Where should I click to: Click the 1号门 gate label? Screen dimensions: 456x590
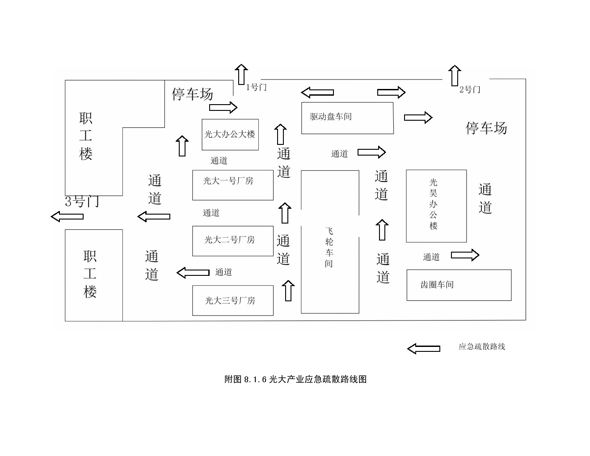pos(256,87)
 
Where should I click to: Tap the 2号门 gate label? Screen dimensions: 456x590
pos(470,89)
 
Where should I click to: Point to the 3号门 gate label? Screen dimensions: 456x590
pos(82,202)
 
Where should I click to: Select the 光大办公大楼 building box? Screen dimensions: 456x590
pos(230,135)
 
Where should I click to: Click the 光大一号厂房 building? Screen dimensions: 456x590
pos(232,185)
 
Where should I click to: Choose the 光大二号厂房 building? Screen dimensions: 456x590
pos(232,241)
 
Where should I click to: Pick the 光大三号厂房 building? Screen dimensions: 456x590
pos(232,300)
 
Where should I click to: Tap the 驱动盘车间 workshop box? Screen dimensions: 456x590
pos(347,118)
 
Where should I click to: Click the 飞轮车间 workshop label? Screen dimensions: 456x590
pos(329,247)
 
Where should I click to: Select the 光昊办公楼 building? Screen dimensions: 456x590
pos(436,206)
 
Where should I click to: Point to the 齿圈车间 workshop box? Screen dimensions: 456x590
pos(459,285)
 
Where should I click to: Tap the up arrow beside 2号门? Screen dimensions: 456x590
pos(455,75)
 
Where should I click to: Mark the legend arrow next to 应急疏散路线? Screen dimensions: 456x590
pos(423,348)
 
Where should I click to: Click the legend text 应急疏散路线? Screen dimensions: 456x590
pos(481,346)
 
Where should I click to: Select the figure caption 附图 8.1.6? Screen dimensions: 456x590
pos(295,380)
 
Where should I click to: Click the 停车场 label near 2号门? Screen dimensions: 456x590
pos(486,128)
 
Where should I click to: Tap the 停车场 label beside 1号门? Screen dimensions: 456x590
pos(193,94)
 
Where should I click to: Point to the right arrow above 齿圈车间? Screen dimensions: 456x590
pos(465,255)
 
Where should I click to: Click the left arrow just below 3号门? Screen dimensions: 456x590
pos(67,217)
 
